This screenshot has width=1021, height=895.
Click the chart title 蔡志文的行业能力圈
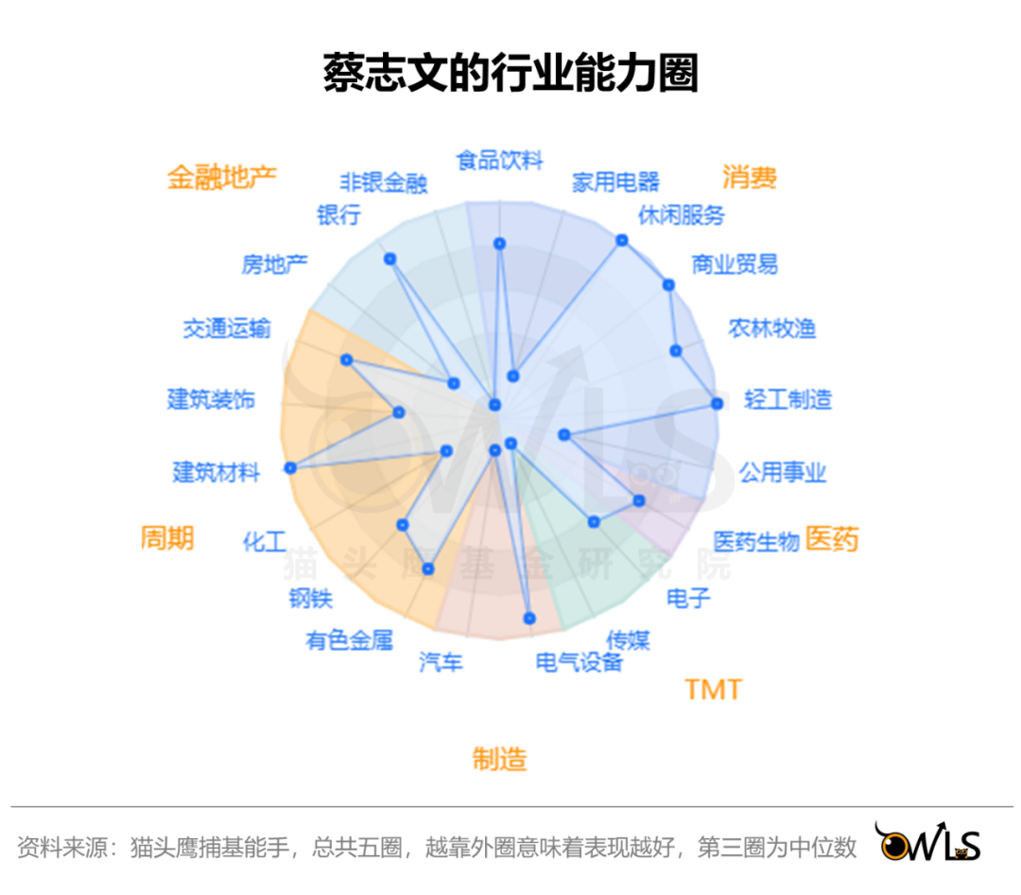(x=510, y=74)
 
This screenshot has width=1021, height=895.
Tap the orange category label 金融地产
(x=222, y=177)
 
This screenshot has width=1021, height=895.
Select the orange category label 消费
(x=750, y=177)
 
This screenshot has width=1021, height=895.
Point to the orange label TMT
(x=714, y=690)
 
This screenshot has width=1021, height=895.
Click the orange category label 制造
(x=500, y=758)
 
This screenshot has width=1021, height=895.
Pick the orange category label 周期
(x=167, y=538)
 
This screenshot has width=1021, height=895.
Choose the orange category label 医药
(x=833, y=539)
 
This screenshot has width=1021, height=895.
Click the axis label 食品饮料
(x=500, y=160)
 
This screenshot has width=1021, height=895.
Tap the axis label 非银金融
(x=384, y=182)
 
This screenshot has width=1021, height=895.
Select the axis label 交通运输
(x=227, y=328)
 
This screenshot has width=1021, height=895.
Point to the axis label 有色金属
(x=349, y=641)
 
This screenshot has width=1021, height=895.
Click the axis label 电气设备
(x=579, y=661)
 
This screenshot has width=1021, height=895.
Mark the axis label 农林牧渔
(x=772, y=328)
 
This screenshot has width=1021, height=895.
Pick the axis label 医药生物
(x=756, y=541)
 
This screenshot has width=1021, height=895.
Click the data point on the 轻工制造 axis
(x=717, y=403)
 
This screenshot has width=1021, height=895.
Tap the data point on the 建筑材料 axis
(x=290, y=467)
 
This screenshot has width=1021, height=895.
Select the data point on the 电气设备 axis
(x=528, y=618)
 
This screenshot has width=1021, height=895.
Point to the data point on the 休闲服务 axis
(x=621, y=240)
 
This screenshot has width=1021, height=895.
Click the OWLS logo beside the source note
(x=927, y=842)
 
